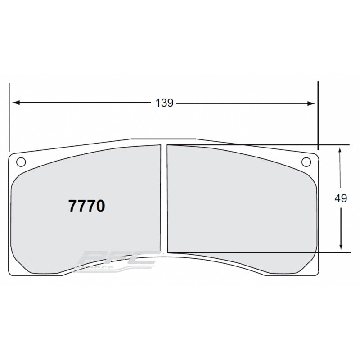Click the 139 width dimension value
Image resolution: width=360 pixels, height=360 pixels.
(x=164, y=103)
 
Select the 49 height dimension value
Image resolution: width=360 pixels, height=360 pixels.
(x=341, y=198)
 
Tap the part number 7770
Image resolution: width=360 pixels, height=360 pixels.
(x=86, y=206)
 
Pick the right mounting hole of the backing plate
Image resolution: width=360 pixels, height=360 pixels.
(x=306, y=162)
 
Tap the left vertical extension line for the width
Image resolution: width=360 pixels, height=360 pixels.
(x=9, y=117)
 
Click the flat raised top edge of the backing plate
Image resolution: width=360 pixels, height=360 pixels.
(x=163, y=139)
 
